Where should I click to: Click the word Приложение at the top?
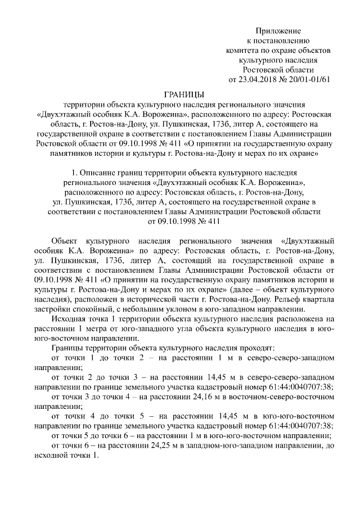pos(278,30)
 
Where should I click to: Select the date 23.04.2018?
pos(258,79)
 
